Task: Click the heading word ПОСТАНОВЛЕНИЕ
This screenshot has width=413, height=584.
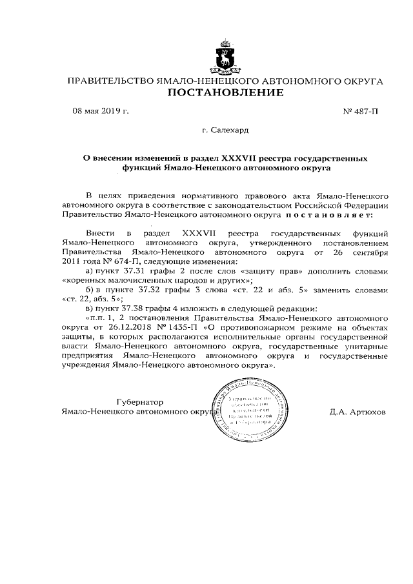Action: point(225,94)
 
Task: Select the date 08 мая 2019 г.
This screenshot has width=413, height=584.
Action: point(100,111)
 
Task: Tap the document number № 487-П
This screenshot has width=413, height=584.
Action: point(360,112)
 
